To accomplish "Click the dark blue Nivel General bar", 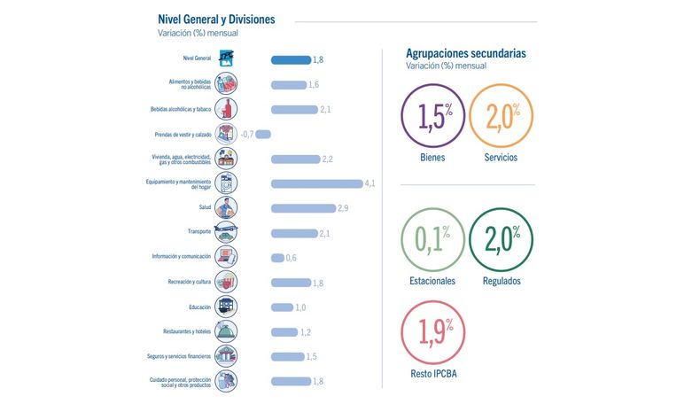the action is click(x=291, y=60).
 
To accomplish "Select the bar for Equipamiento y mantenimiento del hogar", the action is click(x=317, y=183).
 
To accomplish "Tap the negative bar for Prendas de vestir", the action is click(x=263, y=134).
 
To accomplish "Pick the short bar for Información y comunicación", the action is click(x=277, y=258).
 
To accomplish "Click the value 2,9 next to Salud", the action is click(x=343, y=208).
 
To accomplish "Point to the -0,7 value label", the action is click(x=247, y=134).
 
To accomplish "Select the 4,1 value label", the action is click(x=369, y=183).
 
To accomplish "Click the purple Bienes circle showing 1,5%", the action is click(x=432, y=84).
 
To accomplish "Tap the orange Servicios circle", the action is click(x=501, y=84).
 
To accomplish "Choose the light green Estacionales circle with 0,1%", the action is click(x=432, y=208).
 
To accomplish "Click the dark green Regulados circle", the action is click(x=501, y=208).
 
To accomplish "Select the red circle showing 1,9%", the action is click(x=432, y=301).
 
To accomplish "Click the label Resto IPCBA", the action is click(x=433, y=374).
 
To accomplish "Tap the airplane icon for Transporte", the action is click(x=226, y=232).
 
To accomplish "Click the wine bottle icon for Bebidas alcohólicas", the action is click(x=226, y=109).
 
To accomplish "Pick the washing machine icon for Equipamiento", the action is click(x=226, y=183).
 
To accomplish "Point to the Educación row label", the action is click(x=199, y=307).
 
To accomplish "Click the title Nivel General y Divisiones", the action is click(x=216, y=19).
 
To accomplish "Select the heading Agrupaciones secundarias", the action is click(x=465, y=53).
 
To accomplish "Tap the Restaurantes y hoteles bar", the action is click(x=284, y=332).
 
